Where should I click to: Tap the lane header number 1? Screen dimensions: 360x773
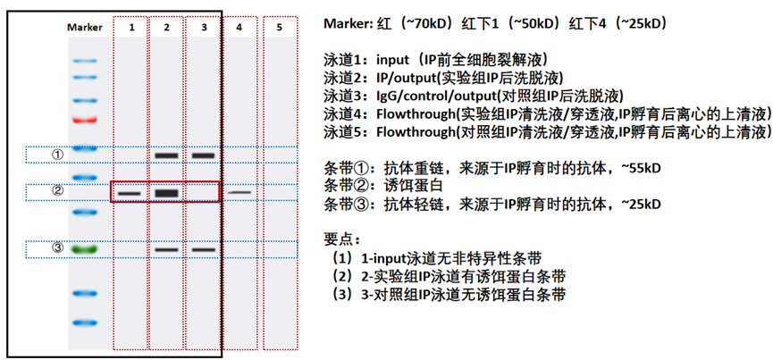click(x=131, y=28)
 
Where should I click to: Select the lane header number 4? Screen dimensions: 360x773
click(x=239, y=28)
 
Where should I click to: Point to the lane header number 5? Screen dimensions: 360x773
click(x=280, y=28)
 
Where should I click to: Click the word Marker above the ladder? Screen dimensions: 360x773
click(x=85, y=28)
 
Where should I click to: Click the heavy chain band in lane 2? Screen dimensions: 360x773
click(x=167, y=155)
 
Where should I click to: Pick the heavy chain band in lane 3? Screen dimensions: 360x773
click(x=204, y=155)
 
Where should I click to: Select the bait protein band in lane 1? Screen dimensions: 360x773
click(x=130, y=192)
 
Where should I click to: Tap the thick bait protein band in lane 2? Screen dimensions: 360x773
click(x=167, y=192)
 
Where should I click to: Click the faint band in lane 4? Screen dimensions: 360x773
click(x=239, y=192)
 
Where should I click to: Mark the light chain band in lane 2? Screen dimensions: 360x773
click(x=167, y=249)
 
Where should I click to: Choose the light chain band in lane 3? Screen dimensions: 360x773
click(x=204, y=249)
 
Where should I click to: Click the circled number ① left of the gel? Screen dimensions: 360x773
click(x=58, y=155)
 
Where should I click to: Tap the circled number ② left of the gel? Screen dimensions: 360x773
click(x=58, y=191)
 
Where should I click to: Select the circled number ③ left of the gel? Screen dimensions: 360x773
click(x=58, y=248)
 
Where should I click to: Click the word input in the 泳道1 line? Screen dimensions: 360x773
click(x=395, y=61)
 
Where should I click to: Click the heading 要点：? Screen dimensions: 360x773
click(x=344, y=239)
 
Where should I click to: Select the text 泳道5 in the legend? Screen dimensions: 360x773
click(x=343, y=132)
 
